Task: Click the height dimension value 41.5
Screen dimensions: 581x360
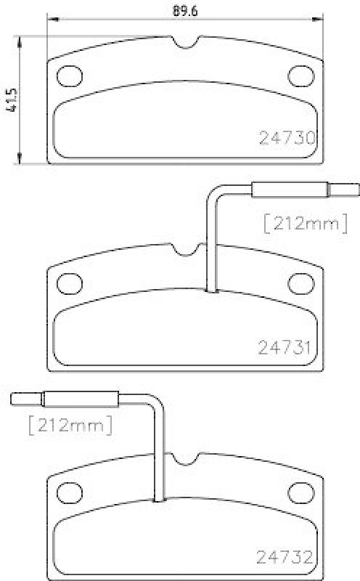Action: (10, 99)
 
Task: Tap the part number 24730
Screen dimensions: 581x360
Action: (287, 138)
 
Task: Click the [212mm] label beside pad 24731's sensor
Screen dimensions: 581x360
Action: (306, 224)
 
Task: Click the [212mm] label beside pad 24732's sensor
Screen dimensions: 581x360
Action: (70, 425)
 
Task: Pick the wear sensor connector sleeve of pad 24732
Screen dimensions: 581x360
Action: (81, 399)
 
